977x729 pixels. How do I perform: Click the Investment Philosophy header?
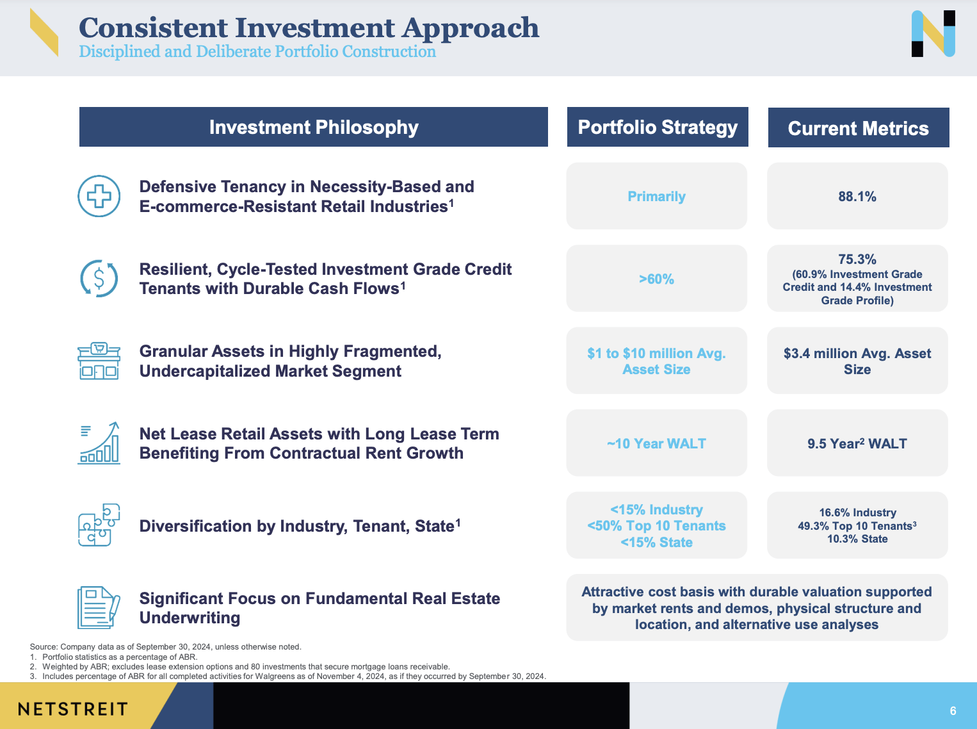tap(314, 127)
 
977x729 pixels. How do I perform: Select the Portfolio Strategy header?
tap(658, 127)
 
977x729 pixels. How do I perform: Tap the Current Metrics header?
tap(858, 129)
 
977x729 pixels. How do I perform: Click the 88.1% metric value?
tap(857, 197)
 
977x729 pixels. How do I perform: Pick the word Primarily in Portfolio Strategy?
tap(656, 197)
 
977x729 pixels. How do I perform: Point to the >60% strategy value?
tap(656, 279)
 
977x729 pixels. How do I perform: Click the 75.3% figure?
tap(857, 259)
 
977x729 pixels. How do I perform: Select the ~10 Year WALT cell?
tap(656, 444)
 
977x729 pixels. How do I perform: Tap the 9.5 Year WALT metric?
tap(857, 444)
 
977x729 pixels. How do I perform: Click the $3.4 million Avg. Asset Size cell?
tap(857, 361)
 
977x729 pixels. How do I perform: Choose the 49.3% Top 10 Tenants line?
tap(857, 526)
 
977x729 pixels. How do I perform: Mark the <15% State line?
tap(656, 543)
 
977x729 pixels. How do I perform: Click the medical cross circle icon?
tap(99, 196)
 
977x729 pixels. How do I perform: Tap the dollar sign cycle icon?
tap(99, 279)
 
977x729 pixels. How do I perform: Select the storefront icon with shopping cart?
tap(99, 361)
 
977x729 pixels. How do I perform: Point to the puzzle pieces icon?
tap(99, 525)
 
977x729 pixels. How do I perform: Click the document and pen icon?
tap(99, 607)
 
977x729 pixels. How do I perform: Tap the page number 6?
tap(953, 711)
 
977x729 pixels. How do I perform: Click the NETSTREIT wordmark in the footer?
tap(73, 709)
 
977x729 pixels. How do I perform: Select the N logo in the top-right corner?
tap(933, 33)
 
